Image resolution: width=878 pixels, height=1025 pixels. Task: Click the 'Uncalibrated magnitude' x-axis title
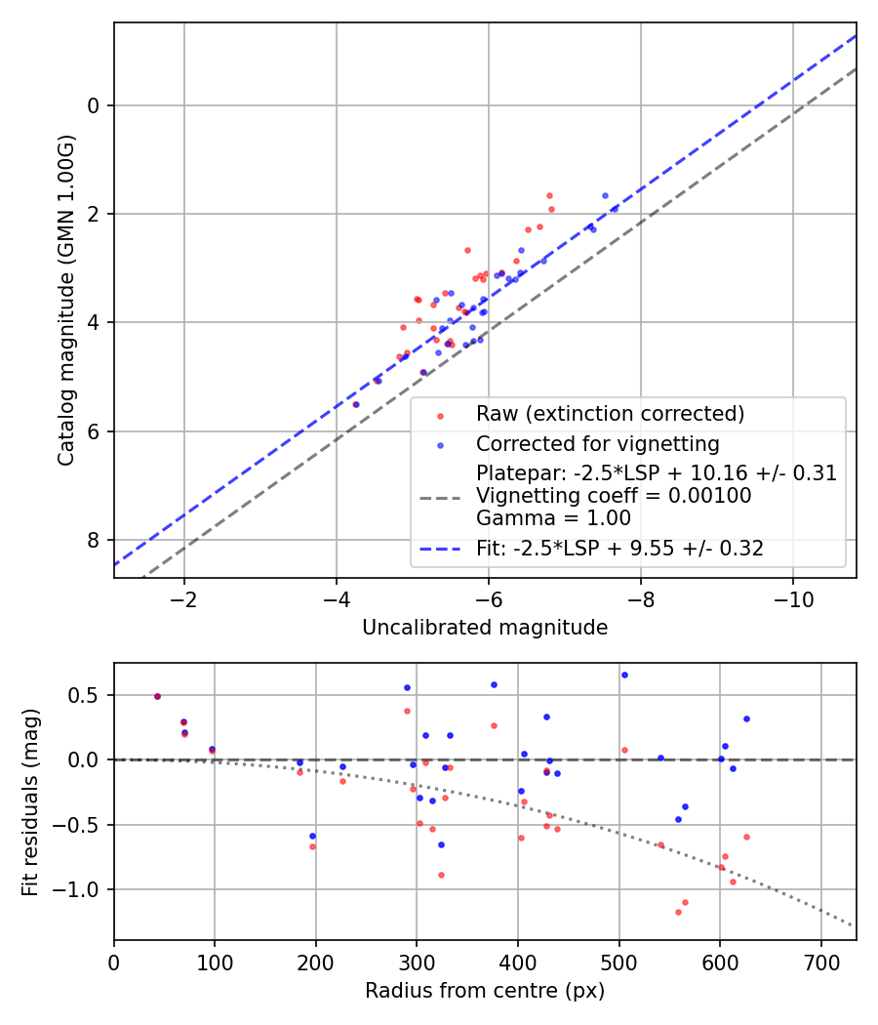pyautogui.click(x=485, y=628)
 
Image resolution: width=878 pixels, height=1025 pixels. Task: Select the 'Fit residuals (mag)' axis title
pyautogui.click(x=30, y=801)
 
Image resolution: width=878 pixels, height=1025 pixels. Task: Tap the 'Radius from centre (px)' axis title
pyautogui.click(x=485, y=991)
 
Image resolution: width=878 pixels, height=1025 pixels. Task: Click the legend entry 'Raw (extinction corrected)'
pyautogui.click(x=610, y=414)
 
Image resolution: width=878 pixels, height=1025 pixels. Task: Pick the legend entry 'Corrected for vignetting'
pyautogui.click(x=597, y=444)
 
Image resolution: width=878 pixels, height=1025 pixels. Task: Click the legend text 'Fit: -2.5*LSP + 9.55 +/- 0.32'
pyautogui.click(x=619, y=550)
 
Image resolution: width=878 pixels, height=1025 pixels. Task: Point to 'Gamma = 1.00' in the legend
pyautogui.click(x=553, y=517)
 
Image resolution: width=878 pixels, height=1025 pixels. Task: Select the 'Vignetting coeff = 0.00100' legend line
pyautogui.click(x=613, y=496)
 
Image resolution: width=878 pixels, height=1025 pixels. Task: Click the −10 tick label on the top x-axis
pyautogui.click(x=792, y=597)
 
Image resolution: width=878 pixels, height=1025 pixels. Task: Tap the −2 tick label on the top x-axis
pyautogui.click(x=183, y=597)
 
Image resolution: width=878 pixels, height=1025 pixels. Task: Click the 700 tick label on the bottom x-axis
pyautogui.click(x=820, y=961)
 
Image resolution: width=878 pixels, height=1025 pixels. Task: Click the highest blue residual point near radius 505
pyautogui.click(x=624, y=675)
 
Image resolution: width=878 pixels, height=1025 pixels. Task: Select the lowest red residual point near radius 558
pyautogui.click(x=678, y=912)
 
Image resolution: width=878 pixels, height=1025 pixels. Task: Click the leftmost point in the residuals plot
pyautogui.click(x=157, y=696)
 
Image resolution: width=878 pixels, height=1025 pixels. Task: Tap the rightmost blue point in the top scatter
pyautogui.click(x=615, y=208)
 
